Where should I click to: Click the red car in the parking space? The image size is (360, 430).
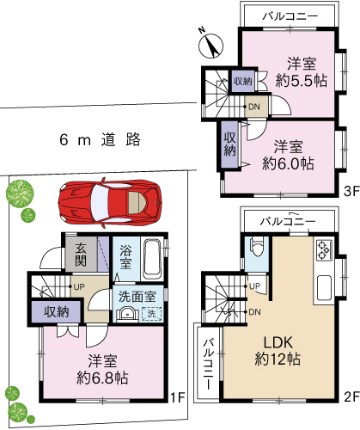point(109,203)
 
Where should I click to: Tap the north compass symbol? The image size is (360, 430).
point(211,45)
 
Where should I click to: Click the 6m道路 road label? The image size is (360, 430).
point(101,140)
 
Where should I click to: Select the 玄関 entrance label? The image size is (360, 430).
point(81,255)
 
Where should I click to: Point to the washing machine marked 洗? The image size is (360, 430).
point(151,314)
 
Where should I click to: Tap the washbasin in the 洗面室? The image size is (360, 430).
point(126,314)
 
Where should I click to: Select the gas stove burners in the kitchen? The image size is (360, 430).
point(324,250)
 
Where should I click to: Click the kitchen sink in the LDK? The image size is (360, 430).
point(324,287)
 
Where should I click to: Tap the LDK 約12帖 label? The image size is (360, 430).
point(278,351)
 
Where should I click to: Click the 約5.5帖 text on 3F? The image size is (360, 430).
point(302,81)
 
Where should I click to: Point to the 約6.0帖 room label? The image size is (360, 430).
point(288,163)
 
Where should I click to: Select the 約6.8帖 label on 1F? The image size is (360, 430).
point(102,378)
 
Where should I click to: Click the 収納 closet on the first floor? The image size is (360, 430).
point(57,311)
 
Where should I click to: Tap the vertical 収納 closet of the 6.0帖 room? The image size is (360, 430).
point(230,144)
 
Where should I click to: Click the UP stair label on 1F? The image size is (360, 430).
point(79,286)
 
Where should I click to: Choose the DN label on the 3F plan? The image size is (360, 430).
point(253,107)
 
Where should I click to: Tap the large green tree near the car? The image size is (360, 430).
point(20,193)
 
